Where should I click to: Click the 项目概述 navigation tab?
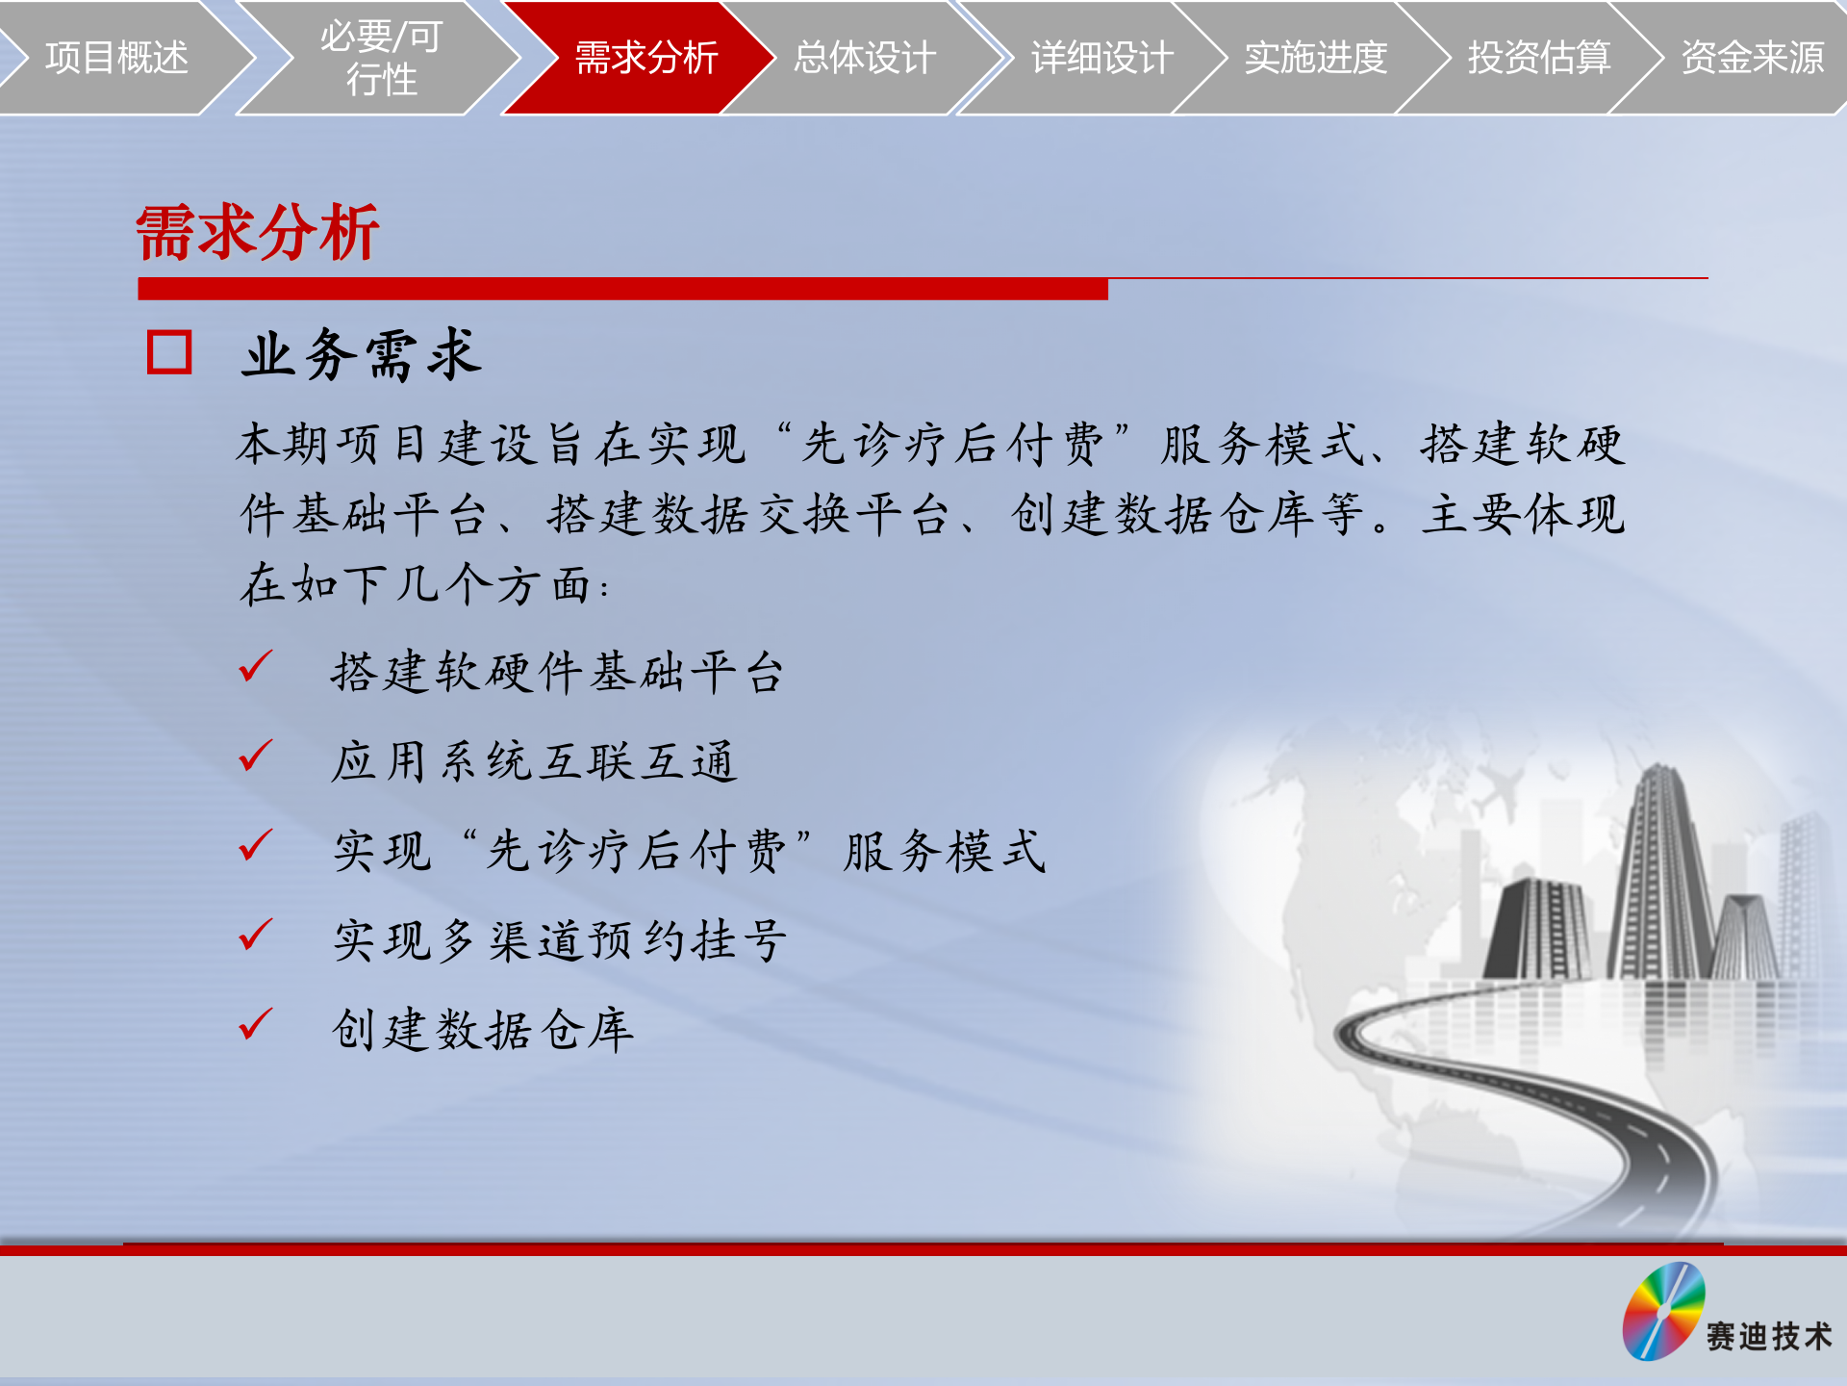tap(115, 58)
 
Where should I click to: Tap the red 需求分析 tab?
tap(645, 58)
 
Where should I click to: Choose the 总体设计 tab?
tap(864, 58)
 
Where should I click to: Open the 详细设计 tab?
tap(1101, 58)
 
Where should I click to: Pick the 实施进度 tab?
tap(1315, 58)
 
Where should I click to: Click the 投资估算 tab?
tap(1538, 58)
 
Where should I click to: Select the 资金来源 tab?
tap(1752, 58)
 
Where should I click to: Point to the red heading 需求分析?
tap(258, 233)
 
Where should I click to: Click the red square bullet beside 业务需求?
tap(169, 352)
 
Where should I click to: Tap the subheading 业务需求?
tap(362, 354)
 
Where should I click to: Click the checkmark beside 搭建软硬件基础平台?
tap(256, 666)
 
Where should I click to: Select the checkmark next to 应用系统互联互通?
tap(256, 756)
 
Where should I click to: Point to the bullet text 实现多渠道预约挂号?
tap(560, 940)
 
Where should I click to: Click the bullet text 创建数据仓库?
tap(483, 1030)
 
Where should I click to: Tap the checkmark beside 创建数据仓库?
tap(256, 1024)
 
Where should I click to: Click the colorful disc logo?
tap(1663, 1311)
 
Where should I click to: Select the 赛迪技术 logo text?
tap(1769, 1336)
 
